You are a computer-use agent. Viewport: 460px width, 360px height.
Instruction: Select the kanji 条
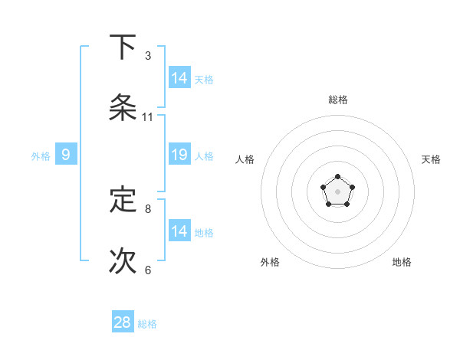(x=123, y=108)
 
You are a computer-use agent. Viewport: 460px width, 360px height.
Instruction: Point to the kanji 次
(x=123, y=260)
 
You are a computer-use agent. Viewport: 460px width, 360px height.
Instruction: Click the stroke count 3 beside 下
(x=148, y=56)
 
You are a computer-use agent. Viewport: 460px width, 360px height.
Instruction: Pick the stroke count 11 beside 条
(x=148, y=117)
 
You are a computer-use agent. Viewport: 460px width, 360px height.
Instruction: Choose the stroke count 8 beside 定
(x=148, y=208)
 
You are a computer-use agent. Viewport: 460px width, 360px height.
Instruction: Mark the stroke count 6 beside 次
(x=148, y=270)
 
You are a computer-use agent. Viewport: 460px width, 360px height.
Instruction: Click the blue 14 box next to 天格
(x=179, y=77)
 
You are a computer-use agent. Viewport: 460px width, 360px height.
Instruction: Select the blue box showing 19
(x=179, y=154)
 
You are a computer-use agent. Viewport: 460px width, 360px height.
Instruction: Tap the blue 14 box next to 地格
(x=179, y=231)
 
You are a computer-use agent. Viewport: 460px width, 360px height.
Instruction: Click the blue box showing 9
(x=66, y=155)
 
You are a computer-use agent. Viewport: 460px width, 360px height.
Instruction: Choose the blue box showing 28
(x=123, y=322)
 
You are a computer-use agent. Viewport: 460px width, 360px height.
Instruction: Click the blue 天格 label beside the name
(x=204, y=80)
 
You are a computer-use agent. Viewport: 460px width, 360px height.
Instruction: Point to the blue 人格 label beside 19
(x=204, y=156)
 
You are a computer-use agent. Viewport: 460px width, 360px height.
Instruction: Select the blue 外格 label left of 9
(x=41, y=156)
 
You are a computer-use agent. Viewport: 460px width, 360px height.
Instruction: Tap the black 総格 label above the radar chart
(x=337, y=100)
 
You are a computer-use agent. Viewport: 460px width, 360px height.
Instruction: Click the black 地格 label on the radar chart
(x=402, y=262)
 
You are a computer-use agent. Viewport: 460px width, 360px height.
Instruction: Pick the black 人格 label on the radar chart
(x=245, y=159)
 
